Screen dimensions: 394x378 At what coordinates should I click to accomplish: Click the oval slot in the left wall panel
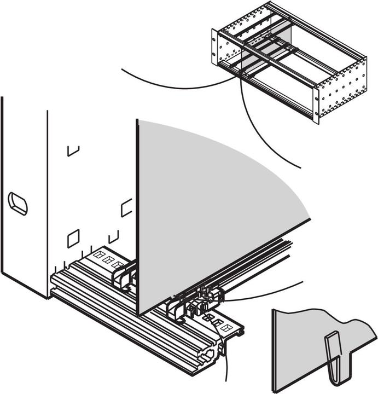pos(18,204)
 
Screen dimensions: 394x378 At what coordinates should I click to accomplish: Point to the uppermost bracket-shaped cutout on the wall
pos(73,150)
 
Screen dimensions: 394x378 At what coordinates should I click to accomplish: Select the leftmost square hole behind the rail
pos(98,254)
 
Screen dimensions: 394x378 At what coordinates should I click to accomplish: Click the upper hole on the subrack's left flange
pos(214,38)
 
